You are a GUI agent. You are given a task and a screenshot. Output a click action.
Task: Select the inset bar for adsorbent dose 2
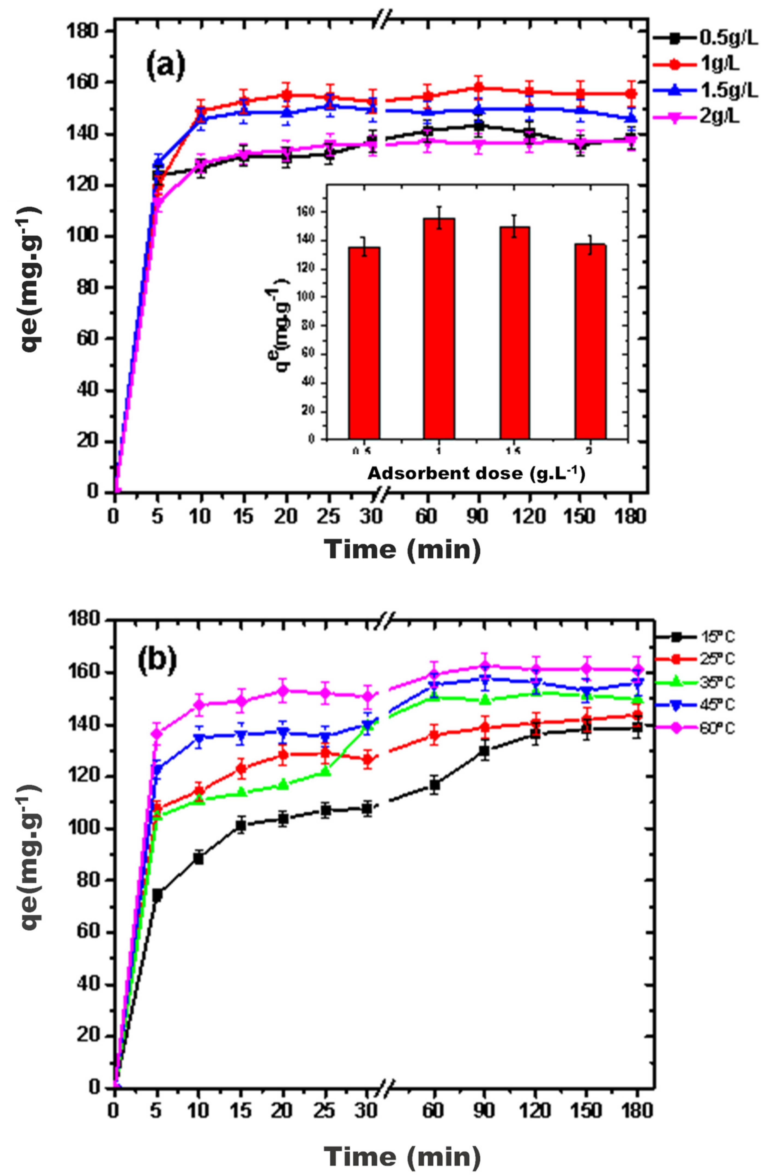point(590,341)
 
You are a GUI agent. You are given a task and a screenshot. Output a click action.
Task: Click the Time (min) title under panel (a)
point(403,548)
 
